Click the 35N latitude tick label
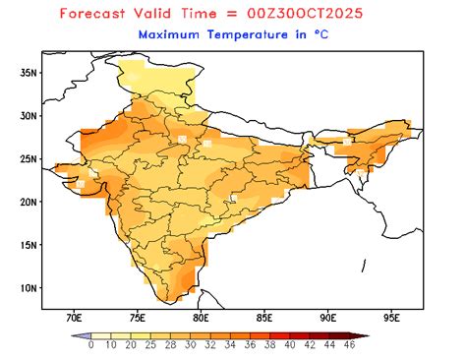click(29, 73)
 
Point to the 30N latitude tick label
click(29, 116)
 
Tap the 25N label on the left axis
click(29, 159)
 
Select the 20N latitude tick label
click(29, 202)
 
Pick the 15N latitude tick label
click(29, 245)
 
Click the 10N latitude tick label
click(29, 288)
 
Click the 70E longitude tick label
click(74, 319)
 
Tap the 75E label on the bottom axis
click(138, 319)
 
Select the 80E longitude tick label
click(201, 319)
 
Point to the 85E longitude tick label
click(264, 319)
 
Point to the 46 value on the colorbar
click(348, 346)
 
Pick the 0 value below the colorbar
click(90, 346)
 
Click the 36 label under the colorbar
click(249, 346)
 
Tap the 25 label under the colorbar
click(149, 346)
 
